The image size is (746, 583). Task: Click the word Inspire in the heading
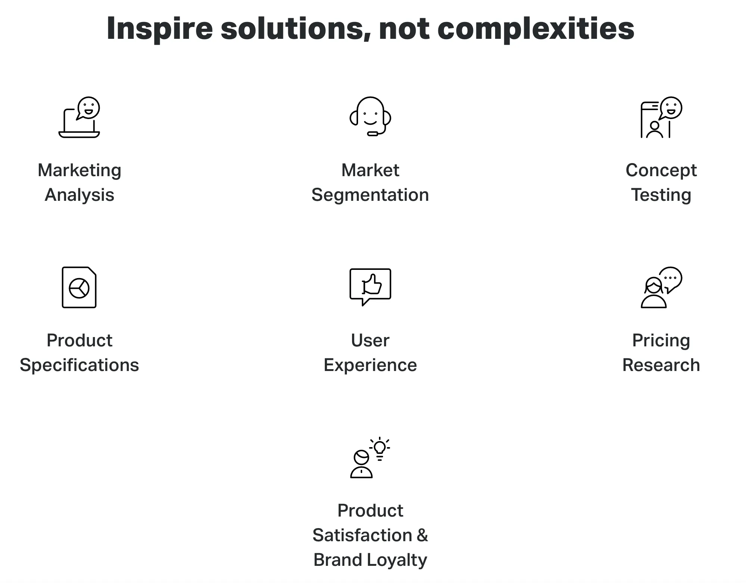pyautogui.click(x=159, y=29)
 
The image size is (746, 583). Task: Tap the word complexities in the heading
pyautogui.click(x=536, y=29)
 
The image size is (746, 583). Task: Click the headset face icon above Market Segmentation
pyautogui.click(x=370, y=116)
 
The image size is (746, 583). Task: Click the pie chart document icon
pyautogui.click(x=79, y=287)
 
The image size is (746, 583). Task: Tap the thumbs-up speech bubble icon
pyautogui.click(x=370, y=287)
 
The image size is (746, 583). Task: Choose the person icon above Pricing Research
pyautogui.click(x=654, y=293)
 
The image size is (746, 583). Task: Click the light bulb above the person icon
pyautogui.click(x=380, y=448)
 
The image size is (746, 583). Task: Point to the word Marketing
pyautogui.click(x=80, y=171)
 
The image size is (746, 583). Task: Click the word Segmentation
pyautogui.click(x=370, y=195)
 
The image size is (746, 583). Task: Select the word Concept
pyautogui.click(x=661, y=171)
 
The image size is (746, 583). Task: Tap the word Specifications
pyautogui.click(x=80, y=365)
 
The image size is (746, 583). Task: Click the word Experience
pyautogui.click(x=370, y=365)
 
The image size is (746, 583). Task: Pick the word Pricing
pyautogui.click(x=661, y=341)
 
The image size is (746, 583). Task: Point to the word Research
pyautogui.click(x=661, y=365)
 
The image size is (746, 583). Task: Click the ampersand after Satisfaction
pyautogui.click(x=422, y=535)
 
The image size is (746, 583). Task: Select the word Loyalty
pyautogui.click(x=397, y=560)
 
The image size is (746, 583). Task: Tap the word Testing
pyautogui.click(x=661, y=195)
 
